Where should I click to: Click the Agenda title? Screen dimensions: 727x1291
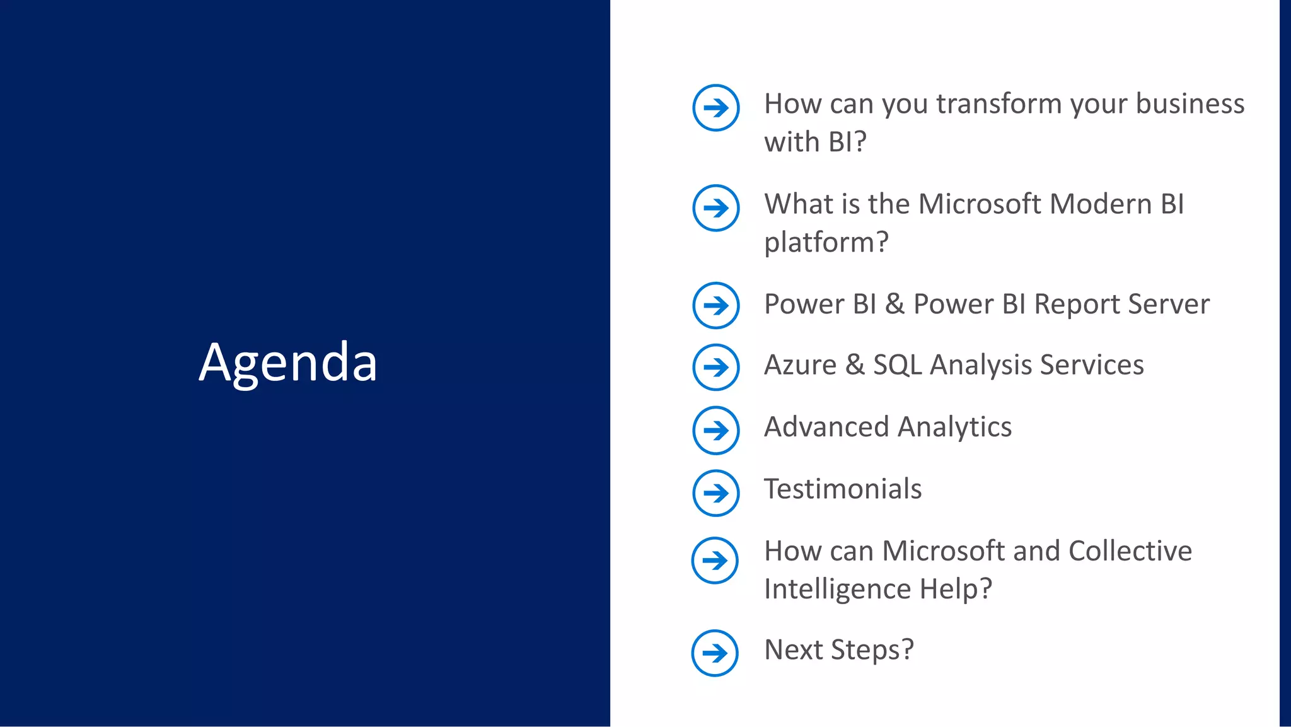pyautogui.click(x=288, y=363)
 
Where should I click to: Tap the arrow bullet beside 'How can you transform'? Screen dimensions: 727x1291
pyautogui.click(x=715, y=108)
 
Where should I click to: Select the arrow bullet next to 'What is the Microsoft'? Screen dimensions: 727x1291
pyautogui.click(x=715, y=208)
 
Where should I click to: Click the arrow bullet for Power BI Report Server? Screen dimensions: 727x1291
pyautogui.click(x=715, y=306)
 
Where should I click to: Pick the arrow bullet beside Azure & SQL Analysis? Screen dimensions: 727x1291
pyautogui.click(x=715, y=367)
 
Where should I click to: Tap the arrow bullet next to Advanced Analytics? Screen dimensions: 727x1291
pyautogui.click(x=715, y=431)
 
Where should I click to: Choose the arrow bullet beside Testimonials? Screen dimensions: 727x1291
pyautogui.click(x=715, y=492)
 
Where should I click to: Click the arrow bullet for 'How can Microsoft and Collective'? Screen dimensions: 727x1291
pyautogui.click(x=715, y=560)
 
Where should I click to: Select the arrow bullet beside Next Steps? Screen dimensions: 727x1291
pyautogui.click(x=715, y=653)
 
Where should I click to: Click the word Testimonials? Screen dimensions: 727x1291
pyautogui.click(x=843, y=489)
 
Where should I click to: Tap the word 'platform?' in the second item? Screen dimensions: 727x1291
pyautogui.click(x=826, y=243)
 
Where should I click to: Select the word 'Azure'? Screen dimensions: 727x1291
pyautogui.click(x=800, y=365)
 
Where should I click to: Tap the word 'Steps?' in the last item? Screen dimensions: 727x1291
pyautogui.click(x=872, y=650)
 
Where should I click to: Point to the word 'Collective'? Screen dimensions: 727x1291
pyautogui.click(x=1130, y=551)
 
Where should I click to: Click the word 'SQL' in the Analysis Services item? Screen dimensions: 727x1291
pyautogui.click(x=897, y=365)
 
